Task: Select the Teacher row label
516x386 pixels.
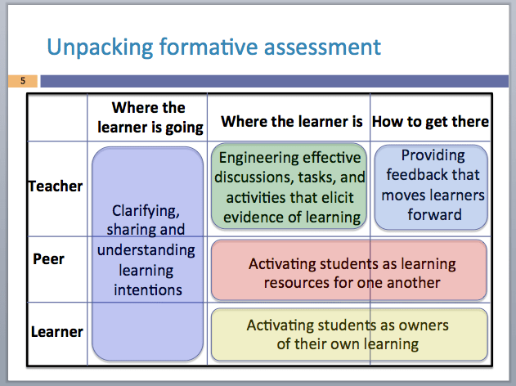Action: (56, 186)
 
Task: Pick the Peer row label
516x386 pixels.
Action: (48, 259)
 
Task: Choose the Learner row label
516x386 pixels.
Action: (56, 331)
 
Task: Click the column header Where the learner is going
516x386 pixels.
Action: (149, 117)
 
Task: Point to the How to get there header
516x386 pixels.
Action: (430, 121)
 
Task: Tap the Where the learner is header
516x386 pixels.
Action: (292, 122)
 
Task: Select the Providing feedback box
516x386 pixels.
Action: (433, 186)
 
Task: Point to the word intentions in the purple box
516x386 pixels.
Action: (148, 289)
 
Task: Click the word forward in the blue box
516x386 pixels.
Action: (434, 215)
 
